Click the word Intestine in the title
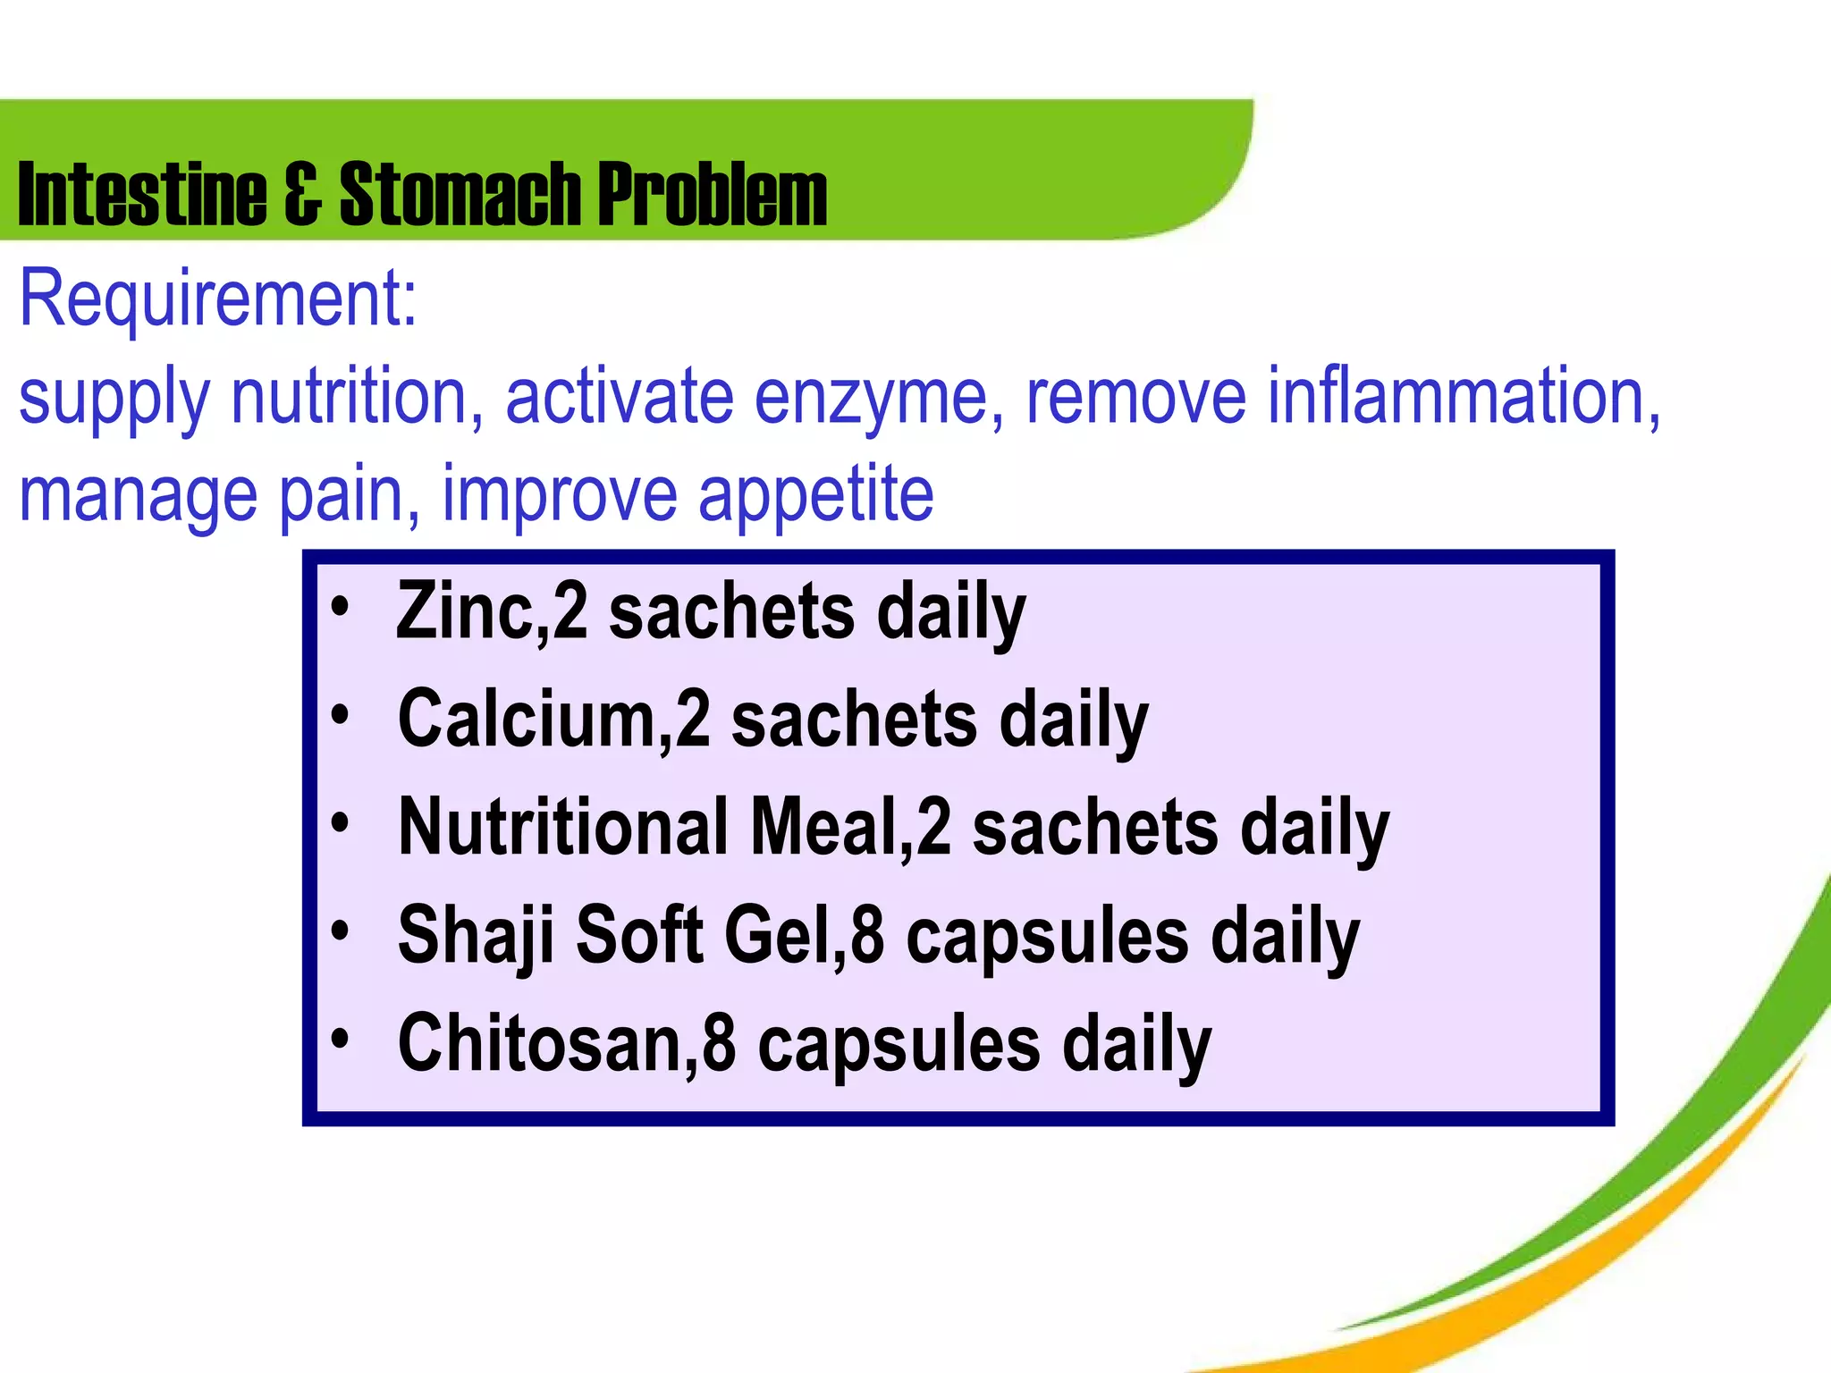(141, 194)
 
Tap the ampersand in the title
(303, 194)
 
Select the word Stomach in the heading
(460, 194)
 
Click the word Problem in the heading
(712, 194)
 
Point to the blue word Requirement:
(218, 299)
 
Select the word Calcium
(528, 719)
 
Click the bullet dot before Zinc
(339, 607)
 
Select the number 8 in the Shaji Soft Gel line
(867, 935)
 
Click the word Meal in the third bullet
(823, 827)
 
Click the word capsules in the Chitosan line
(899, 1044)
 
